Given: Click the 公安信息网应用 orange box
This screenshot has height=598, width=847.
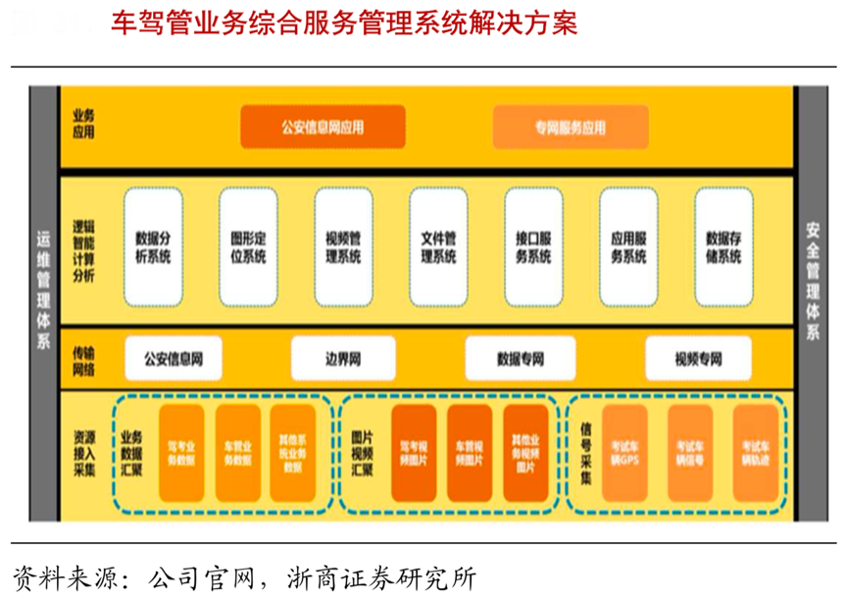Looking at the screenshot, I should point(323,126).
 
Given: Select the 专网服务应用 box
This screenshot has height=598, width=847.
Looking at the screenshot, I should point(570,127).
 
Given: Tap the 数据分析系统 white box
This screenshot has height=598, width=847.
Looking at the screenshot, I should point(153,246).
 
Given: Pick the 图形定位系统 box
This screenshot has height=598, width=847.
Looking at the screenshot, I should point(248,246).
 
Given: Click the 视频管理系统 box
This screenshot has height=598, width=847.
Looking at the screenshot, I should point(343,246).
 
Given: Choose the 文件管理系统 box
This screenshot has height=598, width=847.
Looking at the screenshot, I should point(438,246).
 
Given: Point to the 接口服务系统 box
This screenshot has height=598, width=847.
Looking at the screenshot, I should point(533,246).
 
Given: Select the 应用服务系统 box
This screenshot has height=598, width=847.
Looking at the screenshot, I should point(628,246).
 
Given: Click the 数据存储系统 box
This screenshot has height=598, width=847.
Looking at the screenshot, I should point(723,246).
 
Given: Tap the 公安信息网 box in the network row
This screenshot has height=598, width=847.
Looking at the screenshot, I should point(173,359).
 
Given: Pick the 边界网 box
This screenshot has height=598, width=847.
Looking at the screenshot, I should point(343,359).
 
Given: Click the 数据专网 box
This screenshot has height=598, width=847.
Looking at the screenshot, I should point(520,359).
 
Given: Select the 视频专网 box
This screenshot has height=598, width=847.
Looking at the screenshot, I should point(697,359).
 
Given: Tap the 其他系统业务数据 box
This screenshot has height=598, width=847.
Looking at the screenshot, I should point(292,451).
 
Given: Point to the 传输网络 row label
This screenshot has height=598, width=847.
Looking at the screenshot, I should point(84,359).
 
